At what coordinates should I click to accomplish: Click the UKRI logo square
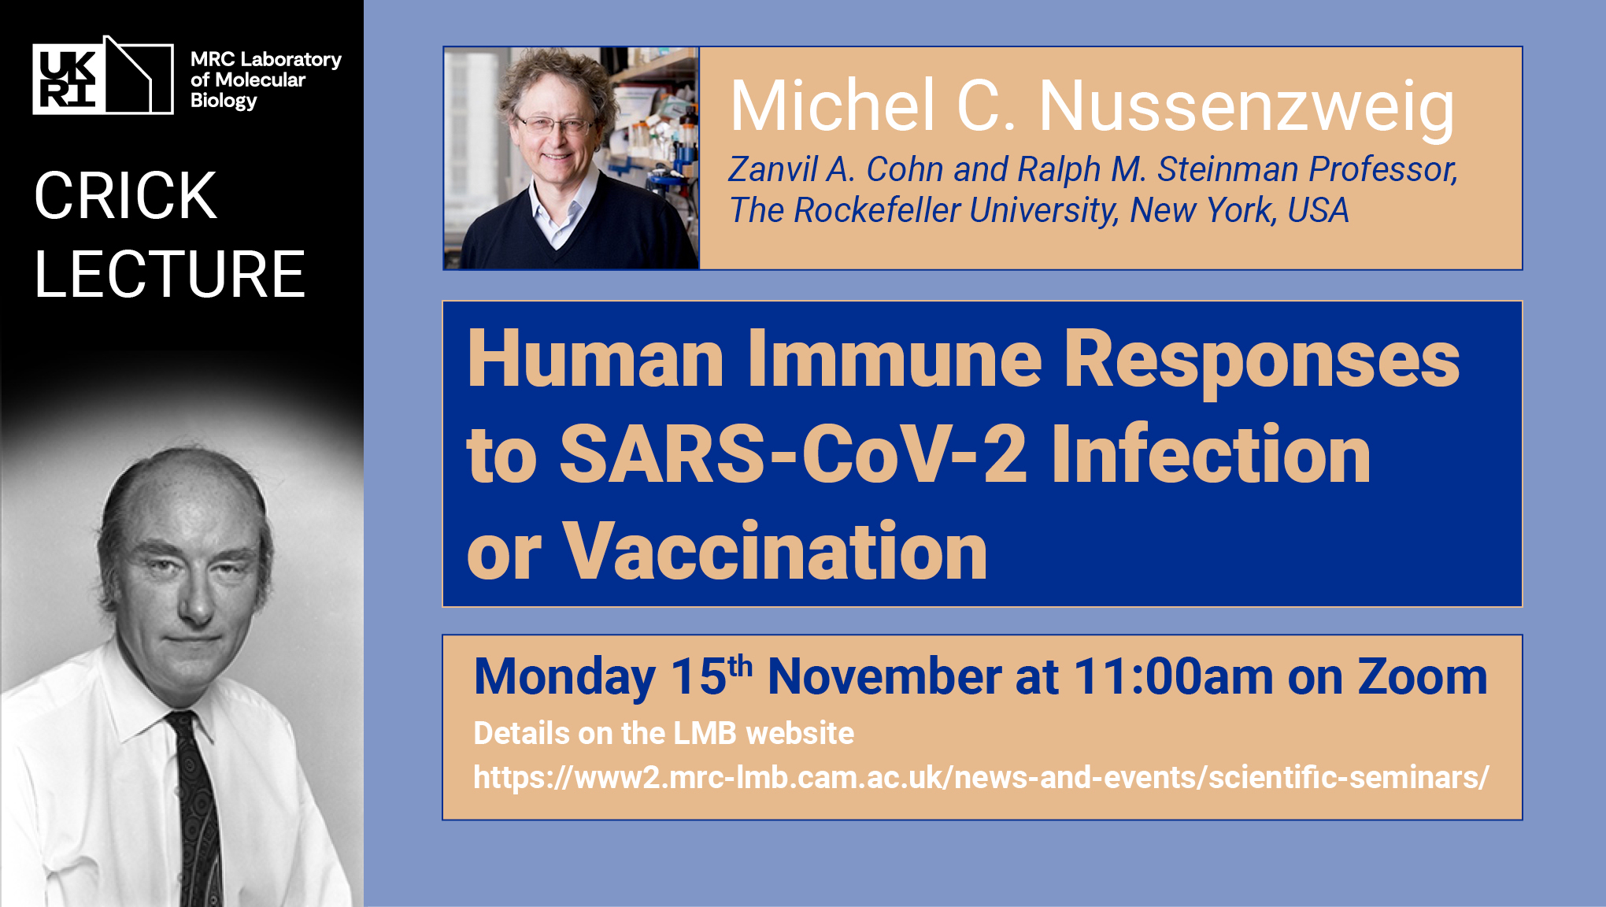point(68,80)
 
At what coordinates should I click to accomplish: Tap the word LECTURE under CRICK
point(170,274)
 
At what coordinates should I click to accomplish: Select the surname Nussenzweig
point(1247,109)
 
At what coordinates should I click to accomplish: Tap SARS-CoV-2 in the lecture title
point(794,454)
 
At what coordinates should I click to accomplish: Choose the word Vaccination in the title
point(775,551)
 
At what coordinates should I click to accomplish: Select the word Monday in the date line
point(564,678)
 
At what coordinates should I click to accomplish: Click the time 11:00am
point(1173,676)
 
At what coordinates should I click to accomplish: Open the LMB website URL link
point(981,778)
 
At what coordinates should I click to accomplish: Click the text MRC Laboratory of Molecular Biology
point(266,80)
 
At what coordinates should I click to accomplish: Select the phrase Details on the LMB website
point(664,733)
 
